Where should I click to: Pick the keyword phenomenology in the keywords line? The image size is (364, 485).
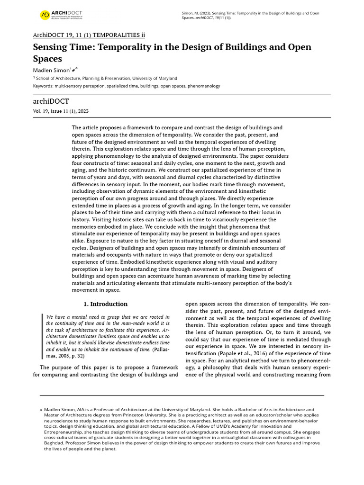204,86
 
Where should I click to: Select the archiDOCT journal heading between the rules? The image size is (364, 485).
51,101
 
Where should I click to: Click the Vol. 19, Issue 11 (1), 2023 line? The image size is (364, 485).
60,111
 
